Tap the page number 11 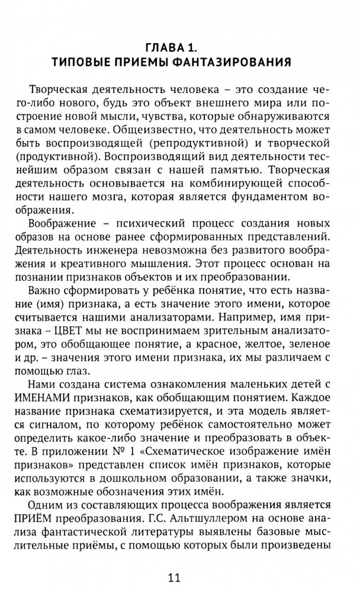[x=179, y=576]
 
